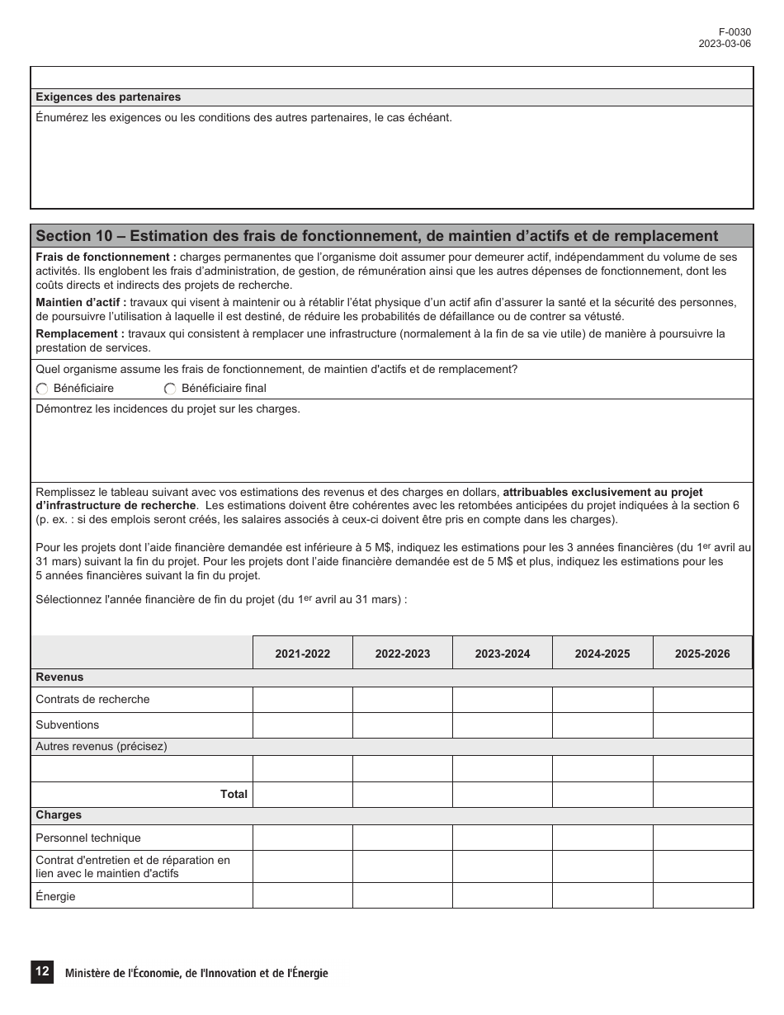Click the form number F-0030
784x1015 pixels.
pyautogui.click(x=737, y=32)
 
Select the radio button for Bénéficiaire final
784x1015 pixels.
pyautogui.click(x=170, y=389)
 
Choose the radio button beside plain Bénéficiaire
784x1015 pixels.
pyautogui.click(x=42, y=389)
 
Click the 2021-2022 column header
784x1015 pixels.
pyautogui.click(x=302, y=654)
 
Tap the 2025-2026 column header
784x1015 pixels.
pyautogui.click(x=702, y=654)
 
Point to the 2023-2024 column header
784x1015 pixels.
pyautogui.click(x=503, y=654)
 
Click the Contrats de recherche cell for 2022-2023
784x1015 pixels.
pyautogui.click(x=402, y=700)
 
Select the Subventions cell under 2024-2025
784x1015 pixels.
pyautogui.click(x=602, y=725)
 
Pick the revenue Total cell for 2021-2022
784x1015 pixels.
pyautogui.click(x=302, y=794)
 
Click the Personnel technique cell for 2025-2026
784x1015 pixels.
pyautogui.click(x=702, y=838)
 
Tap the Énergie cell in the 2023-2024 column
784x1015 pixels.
pyautogui.click(x=503, y=896)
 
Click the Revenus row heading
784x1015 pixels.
pyautogui.click(x=59, y=677)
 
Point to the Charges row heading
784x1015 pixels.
pyautogui.click(x=59, y=815)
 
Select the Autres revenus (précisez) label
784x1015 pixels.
pyautogui.click(x=101, y=747)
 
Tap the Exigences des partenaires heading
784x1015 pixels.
pyautogui.click(x=108, y=97)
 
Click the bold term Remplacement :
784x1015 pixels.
pyautogui.click(x=80, y=333)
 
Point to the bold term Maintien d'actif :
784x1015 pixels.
pyautogui.click(x=81, y=303)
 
